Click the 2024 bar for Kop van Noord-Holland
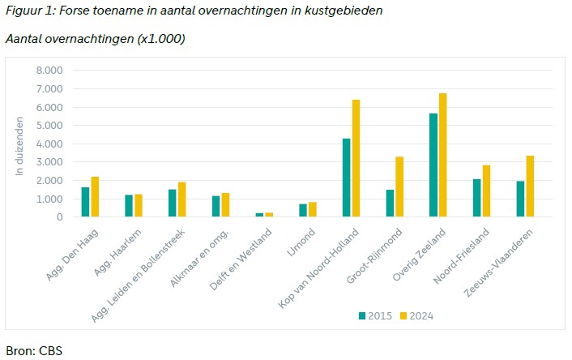click(x=356, y=159)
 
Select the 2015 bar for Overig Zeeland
click(x=433, y=165)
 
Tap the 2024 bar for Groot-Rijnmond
click(x=399, y=187)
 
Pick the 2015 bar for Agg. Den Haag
click(x=86, y=203)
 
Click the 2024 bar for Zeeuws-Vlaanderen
click(x=530, y=186)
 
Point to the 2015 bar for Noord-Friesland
click(x=476, y=199)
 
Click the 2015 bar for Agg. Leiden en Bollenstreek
click(x=173, y=204)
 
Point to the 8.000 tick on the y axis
click(x=49, y=71)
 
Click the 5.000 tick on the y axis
click(x=49, y=126)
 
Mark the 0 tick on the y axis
click(x=59, y=217)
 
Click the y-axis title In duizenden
click(x=22, y=144)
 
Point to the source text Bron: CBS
click(x=34, y=351)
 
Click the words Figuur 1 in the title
click(x=29, y=11)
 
